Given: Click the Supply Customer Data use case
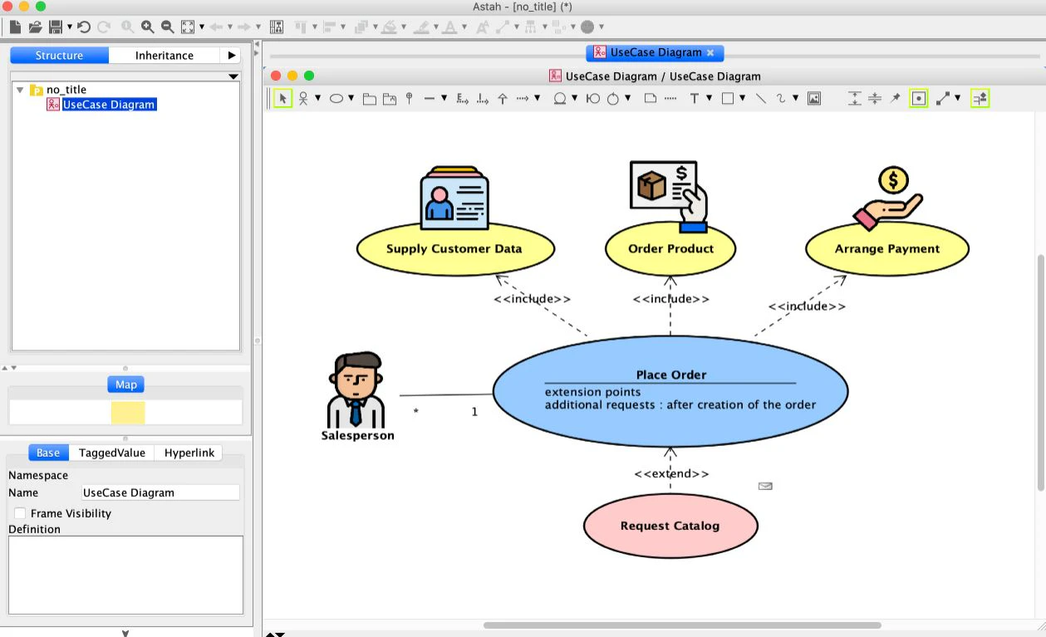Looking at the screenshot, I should coord(454,248).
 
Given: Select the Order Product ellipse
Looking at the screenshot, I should coord(670,248).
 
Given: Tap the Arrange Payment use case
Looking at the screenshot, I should coord(886,248).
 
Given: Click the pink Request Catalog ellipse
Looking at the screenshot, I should coord(670,526).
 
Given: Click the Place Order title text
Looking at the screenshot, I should coord(670,375).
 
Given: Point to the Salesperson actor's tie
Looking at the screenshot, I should coord(356,411).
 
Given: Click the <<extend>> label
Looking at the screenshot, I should coord(671,473).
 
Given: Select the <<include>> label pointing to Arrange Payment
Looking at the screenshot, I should coord(806,306).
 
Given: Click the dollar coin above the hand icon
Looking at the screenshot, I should coord(893,179).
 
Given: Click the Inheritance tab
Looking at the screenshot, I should coord(165,56).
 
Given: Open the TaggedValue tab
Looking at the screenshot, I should coord(112,453).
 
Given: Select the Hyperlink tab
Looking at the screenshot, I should coord(189,453).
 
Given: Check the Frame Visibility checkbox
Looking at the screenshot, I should coord(20,513).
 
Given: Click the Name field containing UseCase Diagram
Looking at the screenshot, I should coord(160,492).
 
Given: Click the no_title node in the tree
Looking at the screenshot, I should coord(66,90).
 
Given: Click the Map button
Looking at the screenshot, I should coord(126,385).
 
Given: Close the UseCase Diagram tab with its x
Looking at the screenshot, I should coord(710,52).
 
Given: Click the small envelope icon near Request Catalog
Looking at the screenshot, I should coord(765,486).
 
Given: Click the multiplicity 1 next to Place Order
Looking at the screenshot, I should coord(474,411).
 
